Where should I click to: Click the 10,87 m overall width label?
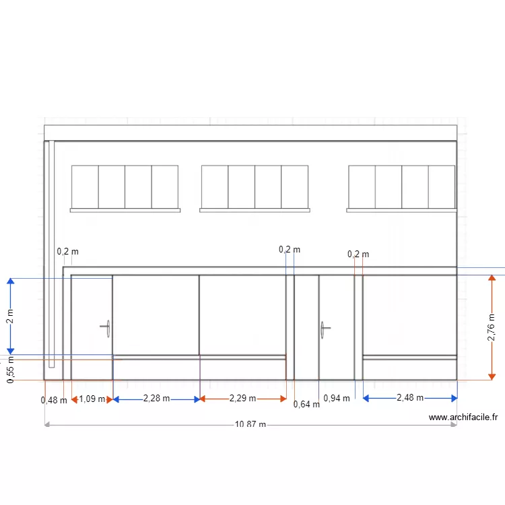coord(250,424)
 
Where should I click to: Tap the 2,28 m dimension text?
coord(156,399)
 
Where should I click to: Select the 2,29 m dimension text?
coord(242,399)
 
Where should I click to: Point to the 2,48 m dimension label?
coord(410,398)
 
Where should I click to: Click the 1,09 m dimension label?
coord(92,399)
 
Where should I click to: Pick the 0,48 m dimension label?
coord(54,401)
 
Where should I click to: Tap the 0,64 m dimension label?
coord(306,404)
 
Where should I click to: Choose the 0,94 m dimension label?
coord(337,399)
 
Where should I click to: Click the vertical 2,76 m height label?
coord(491,327)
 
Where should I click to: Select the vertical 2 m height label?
coord(10,316)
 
